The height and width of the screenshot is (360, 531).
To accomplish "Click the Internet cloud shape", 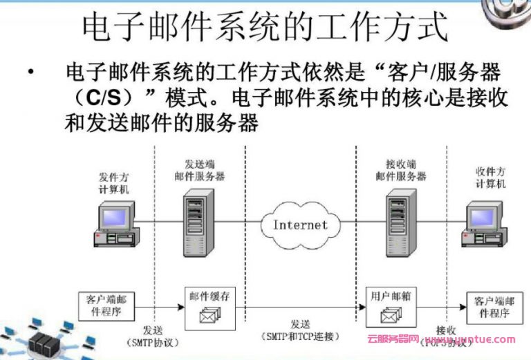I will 299,225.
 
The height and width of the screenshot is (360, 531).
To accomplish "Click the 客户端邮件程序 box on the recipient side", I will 492,308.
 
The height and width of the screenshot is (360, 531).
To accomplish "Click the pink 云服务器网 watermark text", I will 393,340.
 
